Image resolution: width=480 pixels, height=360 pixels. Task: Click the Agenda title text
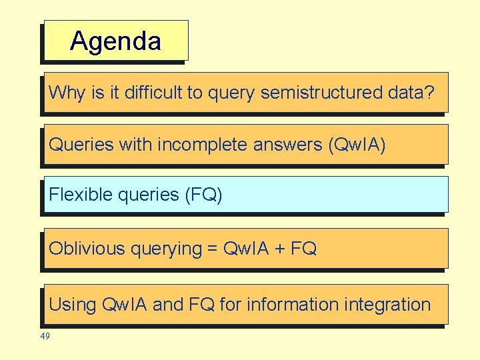(x=115, y=41)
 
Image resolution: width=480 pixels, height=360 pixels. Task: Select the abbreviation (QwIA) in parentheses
(x=357, y=144)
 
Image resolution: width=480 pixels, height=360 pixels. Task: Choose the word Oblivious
(x=87, y=249)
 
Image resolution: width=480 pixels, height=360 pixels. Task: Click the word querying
(x=166, y=249)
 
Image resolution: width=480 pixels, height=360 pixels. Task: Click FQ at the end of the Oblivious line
(x=304, y=249)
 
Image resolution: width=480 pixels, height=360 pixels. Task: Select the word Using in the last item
(x=73, y=305)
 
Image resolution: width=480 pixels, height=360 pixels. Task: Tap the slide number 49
(x=45, y=337)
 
